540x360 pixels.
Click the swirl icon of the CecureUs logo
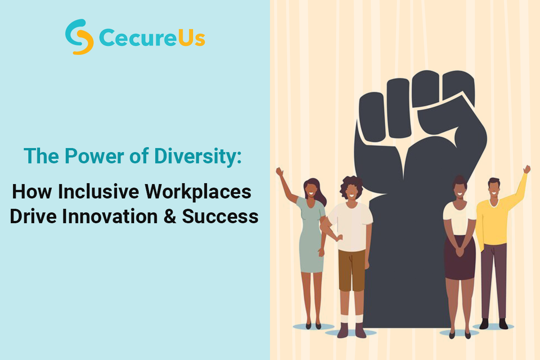pos(79,36)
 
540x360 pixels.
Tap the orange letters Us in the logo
pos(192,38)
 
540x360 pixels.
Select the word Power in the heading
pos(94,156)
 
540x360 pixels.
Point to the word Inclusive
pos(99,192)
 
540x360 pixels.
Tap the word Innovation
pos(110,216)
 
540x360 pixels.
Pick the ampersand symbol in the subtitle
pos(170,216)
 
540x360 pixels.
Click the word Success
pos(220,216)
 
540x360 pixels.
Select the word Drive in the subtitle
pos(33,216)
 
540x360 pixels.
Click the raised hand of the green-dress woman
pos(279,172)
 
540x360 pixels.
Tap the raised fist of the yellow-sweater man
pos(527,169)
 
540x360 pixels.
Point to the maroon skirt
pos(460,258)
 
